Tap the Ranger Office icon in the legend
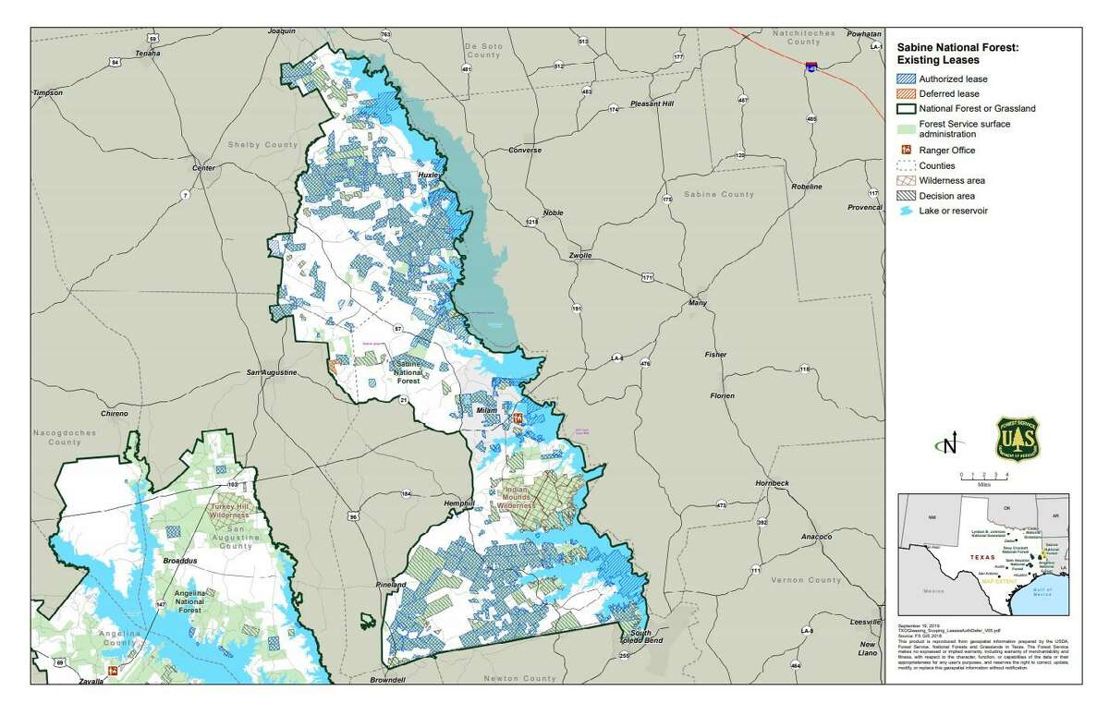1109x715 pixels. click(x=906, y=150)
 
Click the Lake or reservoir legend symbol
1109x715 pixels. click(x=906, y=211)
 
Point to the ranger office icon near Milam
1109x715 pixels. click(x=518, y=419)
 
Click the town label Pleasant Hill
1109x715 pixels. click(x=652, y=104)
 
